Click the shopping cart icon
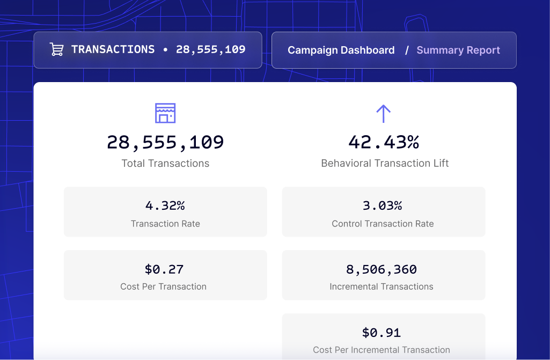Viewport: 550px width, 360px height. tap(56, 49)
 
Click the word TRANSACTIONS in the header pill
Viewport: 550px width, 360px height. tap(113, 49)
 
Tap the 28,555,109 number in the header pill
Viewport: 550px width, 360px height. tap(210, 50)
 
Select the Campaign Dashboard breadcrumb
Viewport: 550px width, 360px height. tap(341, 50)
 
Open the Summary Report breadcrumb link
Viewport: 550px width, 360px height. tap(458, 50)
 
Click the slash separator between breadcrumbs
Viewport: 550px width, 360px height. tap(407, 50)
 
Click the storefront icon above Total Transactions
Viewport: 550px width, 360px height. tap(165, 113)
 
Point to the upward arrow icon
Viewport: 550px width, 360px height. tap(383, 114)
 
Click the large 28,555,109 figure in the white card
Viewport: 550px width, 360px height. tap(165, 143)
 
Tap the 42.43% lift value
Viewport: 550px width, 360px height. tap(383, 143)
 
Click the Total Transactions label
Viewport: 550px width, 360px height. tap(165, 164)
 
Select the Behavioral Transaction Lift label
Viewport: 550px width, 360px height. tap(385, 164)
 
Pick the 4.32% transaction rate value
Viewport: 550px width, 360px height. tap(165, 205)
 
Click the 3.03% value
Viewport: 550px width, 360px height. tap(383, 205)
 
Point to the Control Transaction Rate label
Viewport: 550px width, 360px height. tap(383, 224)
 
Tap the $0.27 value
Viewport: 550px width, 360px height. tap(164, 269)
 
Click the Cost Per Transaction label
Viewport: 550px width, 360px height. tap(163, 286)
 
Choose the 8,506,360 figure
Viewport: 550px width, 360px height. tap(382, 269)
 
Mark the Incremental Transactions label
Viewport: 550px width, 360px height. tap(382, 286)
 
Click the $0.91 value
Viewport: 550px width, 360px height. tap(382, 332)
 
